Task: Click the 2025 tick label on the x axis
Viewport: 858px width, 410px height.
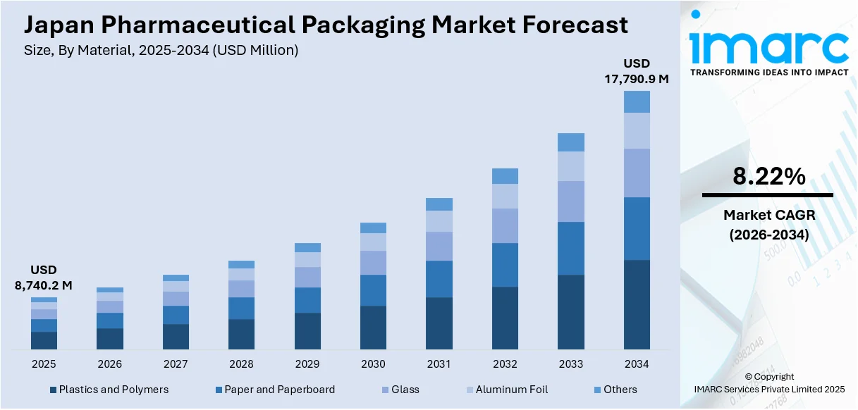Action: point(44,364)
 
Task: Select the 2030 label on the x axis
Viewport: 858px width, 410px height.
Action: point(373,364)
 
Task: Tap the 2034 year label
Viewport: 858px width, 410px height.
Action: point(637,364)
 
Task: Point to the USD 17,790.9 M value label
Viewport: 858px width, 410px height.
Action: point(637,71)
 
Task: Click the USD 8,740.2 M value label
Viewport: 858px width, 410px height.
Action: point(44,278)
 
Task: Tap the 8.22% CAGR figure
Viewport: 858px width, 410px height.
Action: point(768,177)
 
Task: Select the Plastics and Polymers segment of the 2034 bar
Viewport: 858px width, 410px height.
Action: point(637,304)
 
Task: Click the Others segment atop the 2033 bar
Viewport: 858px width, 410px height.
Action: point(571,142)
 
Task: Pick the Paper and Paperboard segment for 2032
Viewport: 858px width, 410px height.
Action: point(505,265)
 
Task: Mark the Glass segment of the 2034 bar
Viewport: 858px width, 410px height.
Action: point(637,173)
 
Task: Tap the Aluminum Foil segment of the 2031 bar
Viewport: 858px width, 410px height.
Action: point(439,221)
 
